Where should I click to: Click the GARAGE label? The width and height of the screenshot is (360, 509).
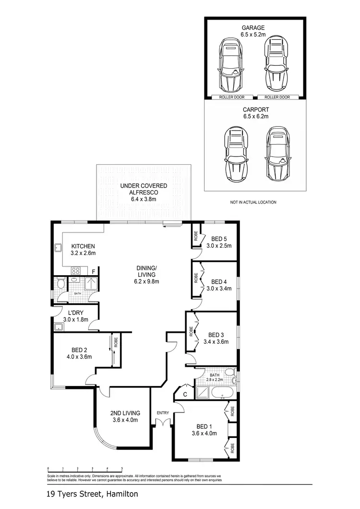[253, 28]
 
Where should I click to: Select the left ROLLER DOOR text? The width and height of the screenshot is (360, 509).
[231, 97]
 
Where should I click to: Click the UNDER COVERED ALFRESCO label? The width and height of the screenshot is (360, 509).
[144, 189]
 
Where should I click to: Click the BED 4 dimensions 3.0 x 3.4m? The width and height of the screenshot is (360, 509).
[218, 289]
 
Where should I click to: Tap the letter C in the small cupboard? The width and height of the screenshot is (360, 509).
[185, 394]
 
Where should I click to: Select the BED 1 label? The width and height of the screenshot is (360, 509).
[204, 426]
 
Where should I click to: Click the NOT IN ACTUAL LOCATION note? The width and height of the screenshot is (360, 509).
[253, 202]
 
